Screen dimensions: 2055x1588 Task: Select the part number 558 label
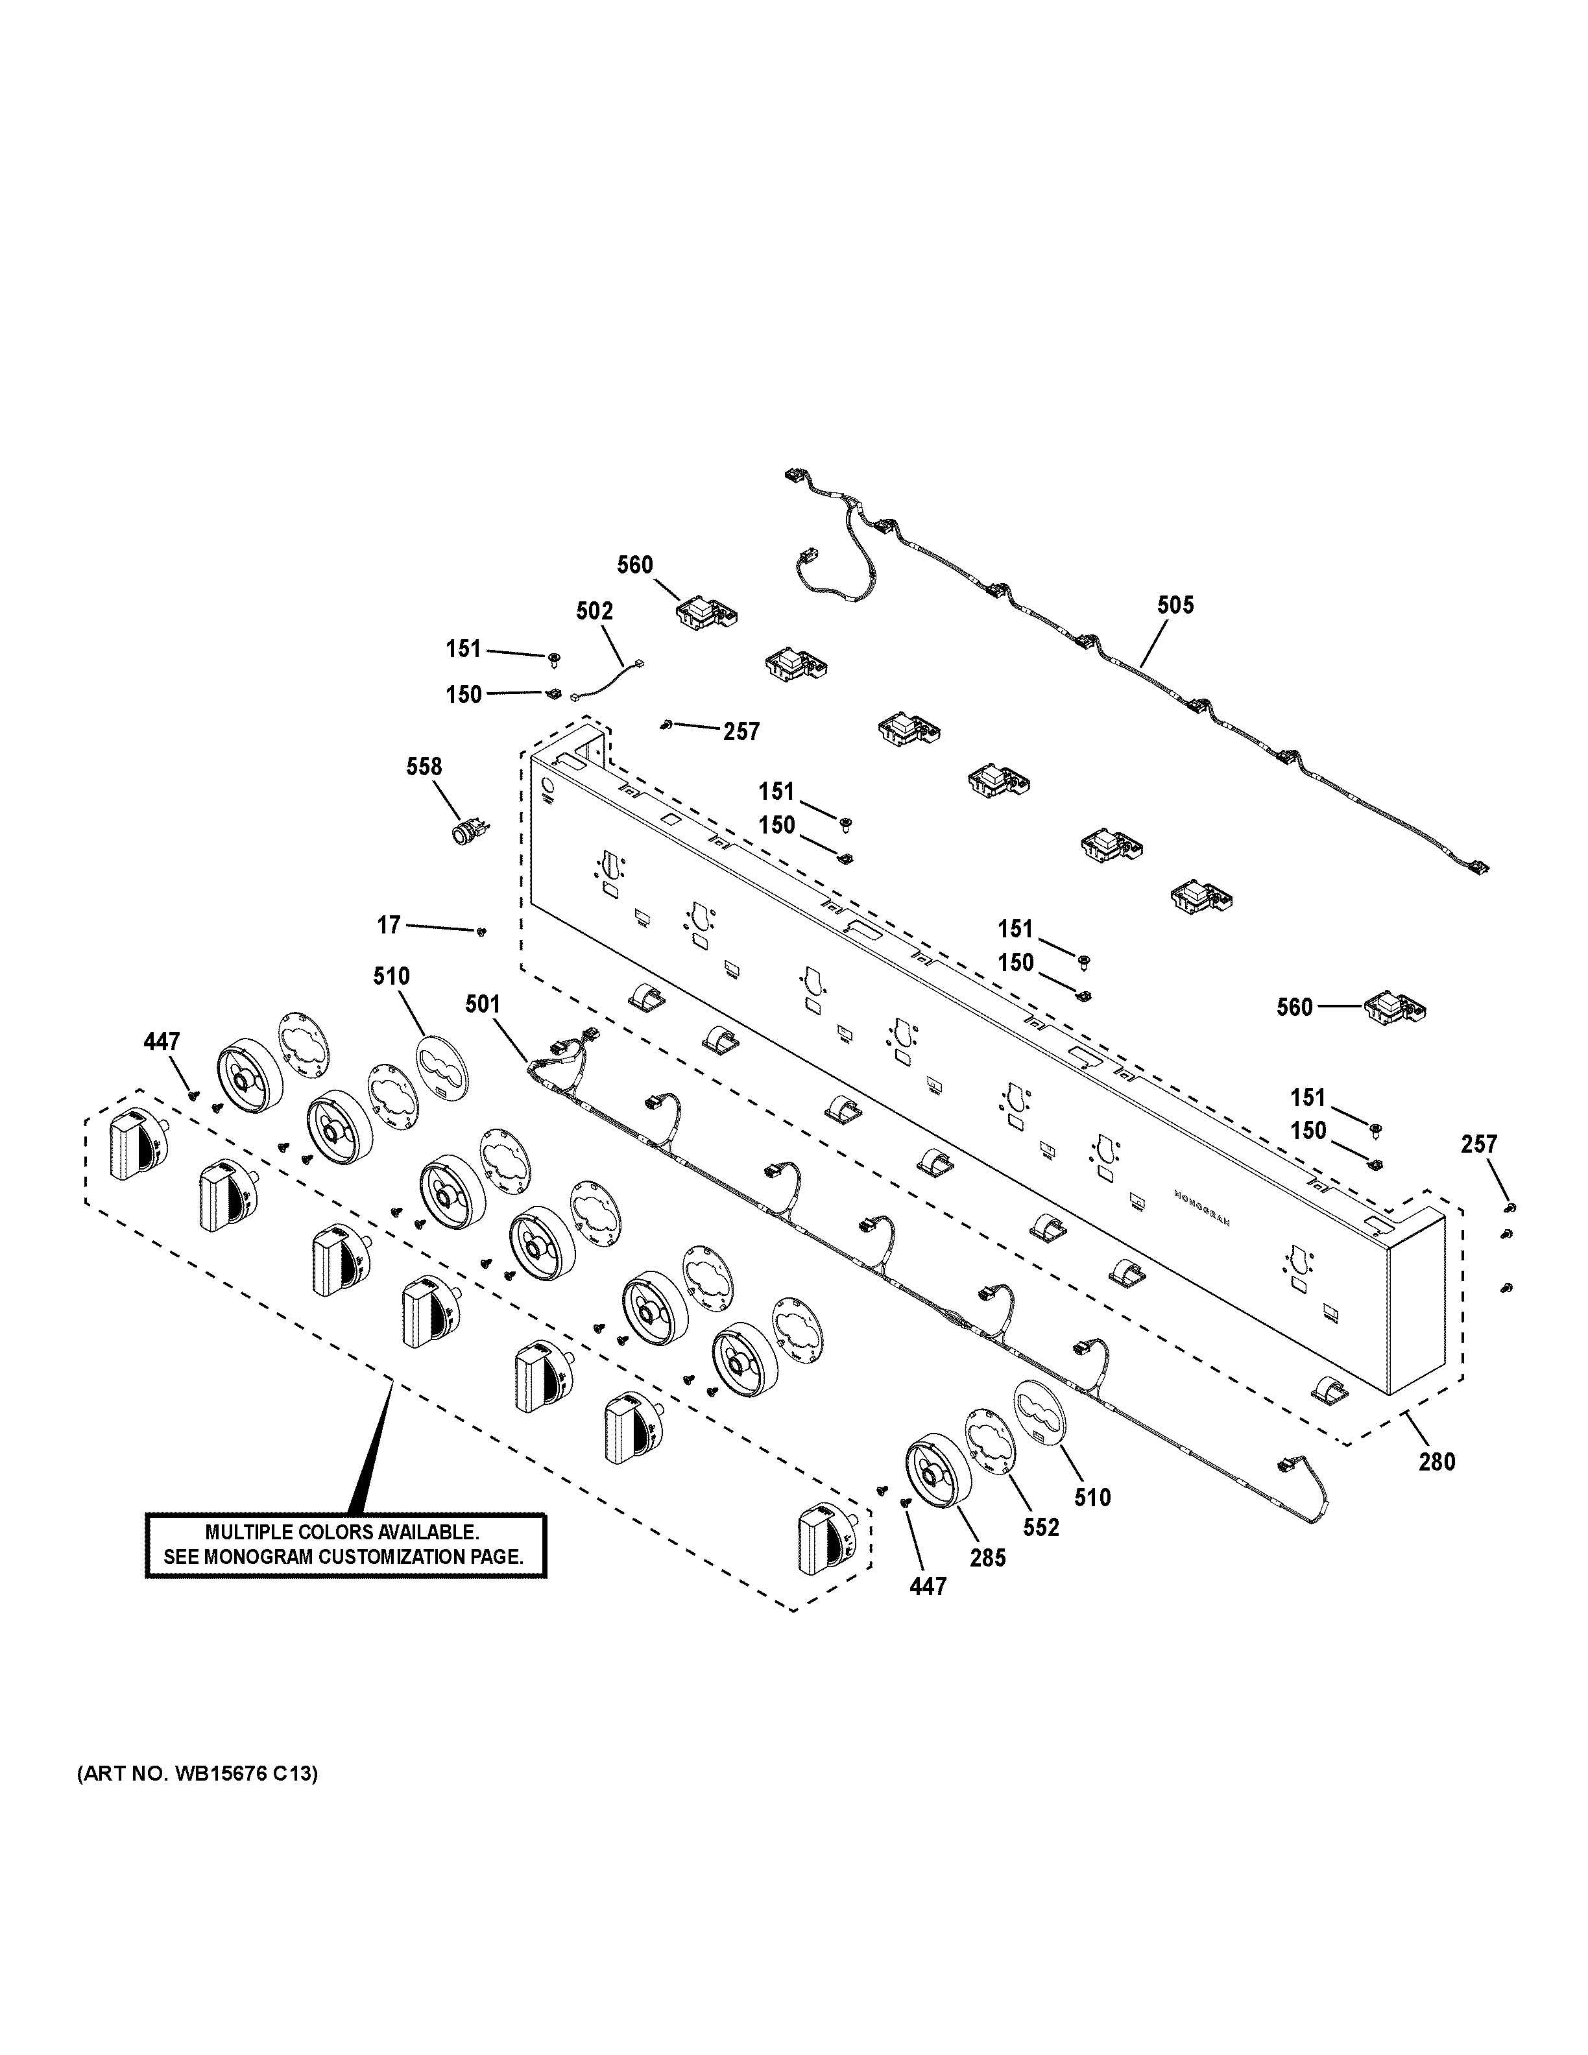(x=424, y=766)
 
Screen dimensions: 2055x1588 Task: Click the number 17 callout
(x=389, y=925)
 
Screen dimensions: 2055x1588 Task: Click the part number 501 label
(x=483, y=1005)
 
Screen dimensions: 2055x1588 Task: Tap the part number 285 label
(x=988, y=1557)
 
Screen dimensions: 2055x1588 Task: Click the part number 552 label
(x=1041, y=1527)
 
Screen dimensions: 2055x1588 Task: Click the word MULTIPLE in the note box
(x=244, y=1533)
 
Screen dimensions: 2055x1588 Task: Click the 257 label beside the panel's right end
(x=1479, y=1144)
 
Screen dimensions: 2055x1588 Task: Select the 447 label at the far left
(x=162, y=1042)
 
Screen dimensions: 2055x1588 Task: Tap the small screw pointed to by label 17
(x=481, y=931)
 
